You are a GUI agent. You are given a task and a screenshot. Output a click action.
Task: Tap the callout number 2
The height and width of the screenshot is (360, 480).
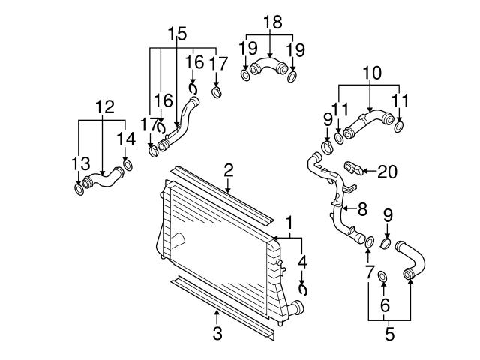pos(229,170)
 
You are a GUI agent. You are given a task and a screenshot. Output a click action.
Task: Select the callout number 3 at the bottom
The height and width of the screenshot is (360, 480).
pos(217,333)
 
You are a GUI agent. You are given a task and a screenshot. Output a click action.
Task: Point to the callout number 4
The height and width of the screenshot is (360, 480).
pos(303,262)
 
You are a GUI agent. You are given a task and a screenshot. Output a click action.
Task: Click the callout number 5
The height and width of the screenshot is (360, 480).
pos(389,334)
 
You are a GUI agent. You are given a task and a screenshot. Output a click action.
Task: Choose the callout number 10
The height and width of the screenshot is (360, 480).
pos(372,73)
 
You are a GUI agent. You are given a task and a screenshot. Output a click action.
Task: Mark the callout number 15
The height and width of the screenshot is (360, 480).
pos(177,34)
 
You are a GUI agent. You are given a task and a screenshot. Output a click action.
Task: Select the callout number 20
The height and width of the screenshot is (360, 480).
pos(386,172)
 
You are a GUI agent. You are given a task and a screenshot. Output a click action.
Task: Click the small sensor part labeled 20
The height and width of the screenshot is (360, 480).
pos(352,166)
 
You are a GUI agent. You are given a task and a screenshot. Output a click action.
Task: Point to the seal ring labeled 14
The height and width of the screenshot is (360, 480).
pos(127,164)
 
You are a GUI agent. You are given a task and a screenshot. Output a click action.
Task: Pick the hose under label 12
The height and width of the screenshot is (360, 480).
pos(103,180)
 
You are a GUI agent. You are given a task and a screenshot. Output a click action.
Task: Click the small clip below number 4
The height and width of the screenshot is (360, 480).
pos(304,287)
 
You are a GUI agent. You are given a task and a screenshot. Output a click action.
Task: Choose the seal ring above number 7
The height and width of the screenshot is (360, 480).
pos(369,241)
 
